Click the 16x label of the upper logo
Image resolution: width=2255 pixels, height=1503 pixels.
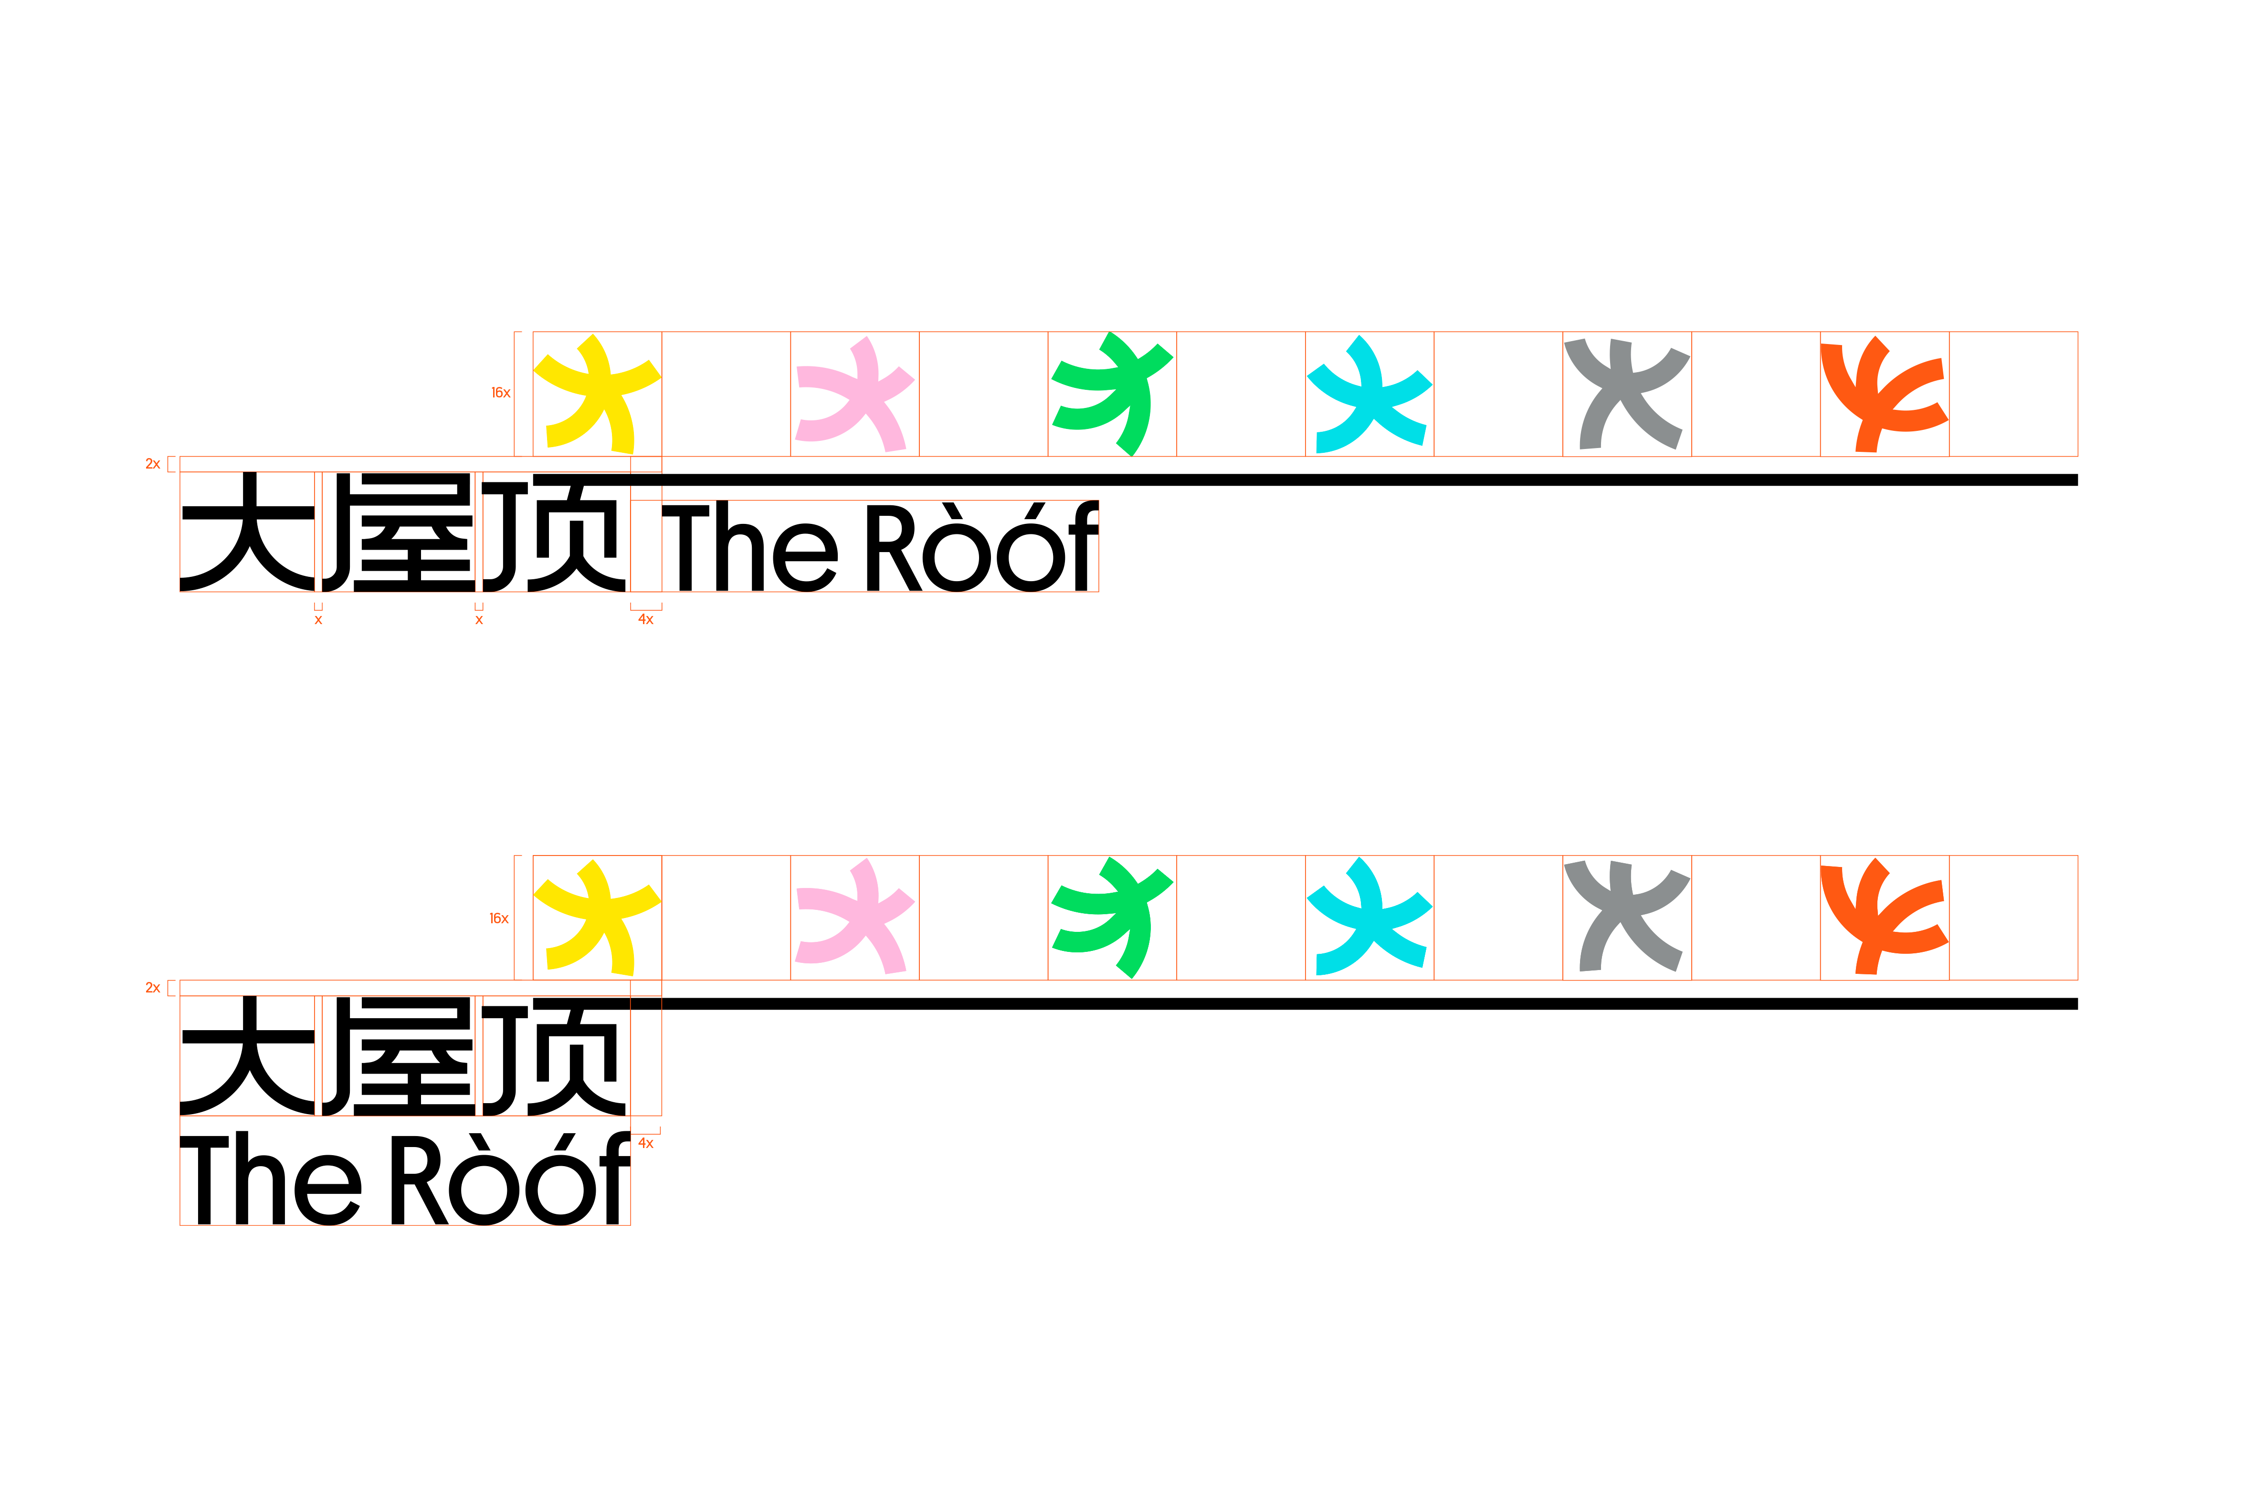500,393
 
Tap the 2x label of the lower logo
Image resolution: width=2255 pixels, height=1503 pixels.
152,988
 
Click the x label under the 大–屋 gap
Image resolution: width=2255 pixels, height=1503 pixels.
318,620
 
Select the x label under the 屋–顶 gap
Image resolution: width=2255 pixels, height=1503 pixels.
479,620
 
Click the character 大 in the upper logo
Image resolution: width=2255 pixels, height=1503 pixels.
247,532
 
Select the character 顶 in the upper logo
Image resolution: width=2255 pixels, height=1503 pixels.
556,532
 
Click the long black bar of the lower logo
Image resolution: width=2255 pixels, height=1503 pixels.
1342,1003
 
